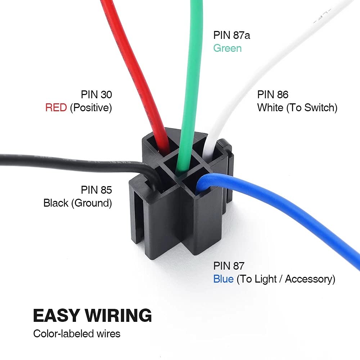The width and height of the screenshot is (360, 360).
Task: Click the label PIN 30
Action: point(96,95)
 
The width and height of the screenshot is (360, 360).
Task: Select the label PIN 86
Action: point(273,95)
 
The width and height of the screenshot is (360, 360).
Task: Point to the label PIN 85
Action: point(96,190)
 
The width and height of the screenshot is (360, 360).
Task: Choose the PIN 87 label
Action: point(229,266)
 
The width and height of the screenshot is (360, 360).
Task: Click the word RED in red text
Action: point(56,108)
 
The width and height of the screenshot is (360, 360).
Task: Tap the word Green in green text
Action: point(227,48)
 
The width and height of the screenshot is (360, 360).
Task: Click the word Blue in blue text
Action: point(223,279)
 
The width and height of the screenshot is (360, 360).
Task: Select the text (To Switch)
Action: point(312,108)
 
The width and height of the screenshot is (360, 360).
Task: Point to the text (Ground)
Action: point(91,203)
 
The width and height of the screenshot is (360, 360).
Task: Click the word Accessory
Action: point(310,279)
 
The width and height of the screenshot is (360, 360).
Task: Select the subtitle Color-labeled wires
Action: point(77,334)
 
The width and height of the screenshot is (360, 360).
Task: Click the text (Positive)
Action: point(91,108)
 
